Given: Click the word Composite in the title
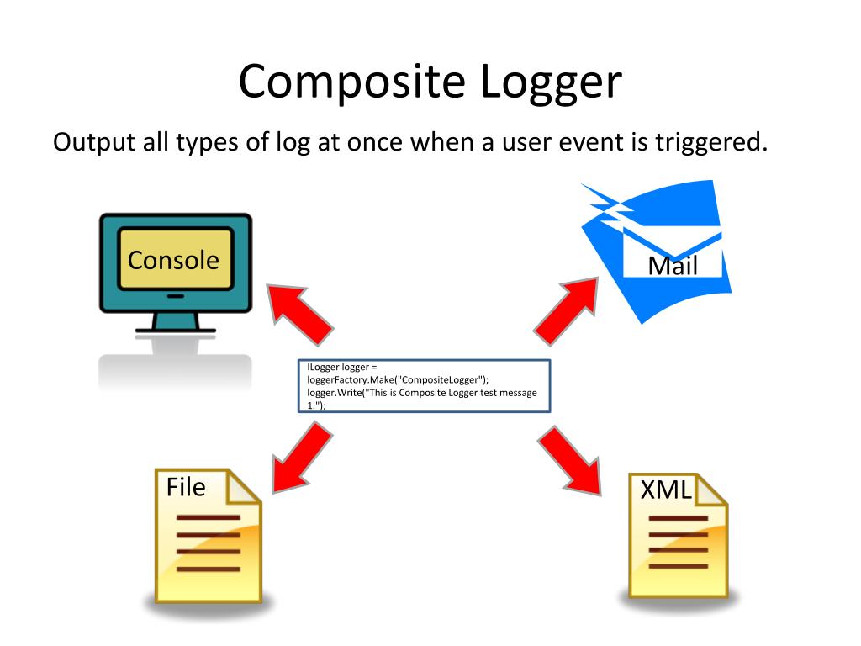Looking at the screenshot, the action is (351, 82).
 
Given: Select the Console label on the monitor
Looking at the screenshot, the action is (173, 260).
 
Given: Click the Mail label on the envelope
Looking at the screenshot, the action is (673, 266).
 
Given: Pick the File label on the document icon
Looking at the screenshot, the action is (185, 487).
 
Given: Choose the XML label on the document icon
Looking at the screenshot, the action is (666, 490).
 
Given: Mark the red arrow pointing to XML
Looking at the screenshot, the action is (572, 458).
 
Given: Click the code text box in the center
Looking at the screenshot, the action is (425, 386).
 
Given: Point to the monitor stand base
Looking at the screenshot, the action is (175, 331).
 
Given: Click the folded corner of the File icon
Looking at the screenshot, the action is (244, 485).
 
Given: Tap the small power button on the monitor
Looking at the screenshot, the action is (175, 296).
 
